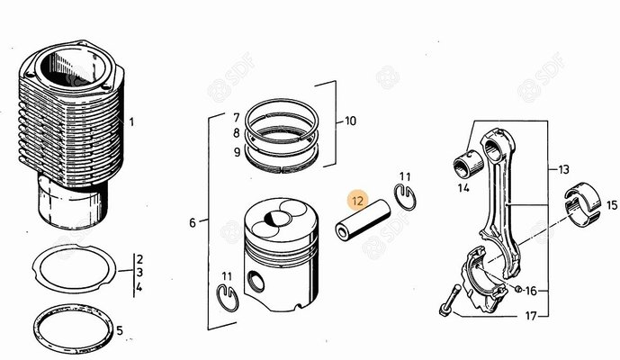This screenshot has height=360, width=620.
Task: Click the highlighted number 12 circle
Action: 358,202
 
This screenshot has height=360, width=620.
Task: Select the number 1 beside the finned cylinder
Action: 131,122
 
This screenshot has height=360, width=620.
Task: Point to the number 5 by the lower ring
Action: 145,330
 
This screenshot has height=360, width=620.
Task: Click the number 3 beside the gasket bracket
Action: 139,273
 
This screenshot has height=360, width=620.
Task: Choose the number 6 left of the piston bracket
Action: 191,222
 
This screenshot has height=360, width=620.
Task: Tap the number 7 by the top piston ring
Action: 236,118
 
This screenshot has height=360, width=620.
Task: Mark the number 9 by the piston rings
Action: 236,152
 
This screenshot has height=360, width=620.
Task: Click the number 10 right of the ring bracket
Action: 350,120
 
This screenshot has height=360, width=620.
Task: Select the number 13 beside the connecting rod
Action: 563,169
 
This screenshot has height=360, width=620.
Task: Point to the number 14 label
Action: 463,189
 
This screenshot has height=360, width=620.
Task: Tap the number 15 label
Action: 611,205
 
